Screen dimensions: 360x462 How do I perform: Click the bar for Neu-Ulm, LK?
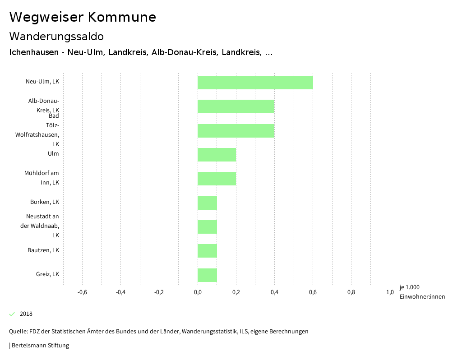pos(255,83)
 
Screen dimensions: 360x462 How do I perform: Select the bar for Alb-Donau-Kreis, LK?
pos(236,106)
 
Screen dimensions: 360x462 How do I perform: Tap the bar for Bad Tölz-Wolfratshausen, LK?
pos(236,130)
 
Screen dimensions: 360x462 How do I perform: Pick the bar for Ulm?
pos(217,155)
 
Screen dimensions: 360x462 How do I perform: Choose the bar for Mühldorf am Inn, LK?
pos(217,179)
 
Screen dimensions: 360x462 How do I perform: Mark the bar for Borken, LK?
pos(207,203)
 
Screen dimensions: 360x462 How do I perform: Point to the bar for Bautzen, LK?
pos(207,251)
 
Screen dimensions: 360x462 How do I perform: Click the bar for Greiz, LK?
pos(207,275)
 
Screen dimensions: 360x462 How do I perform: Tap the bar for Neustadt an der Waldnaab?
pos(207,227)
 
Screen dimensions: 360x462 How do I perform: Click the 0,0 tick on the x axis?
pos(198,292)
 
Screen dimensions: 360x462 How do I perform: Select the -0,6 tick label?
pos(82,292)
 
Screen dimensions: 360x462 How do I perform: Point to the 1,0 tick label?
pos(390,292)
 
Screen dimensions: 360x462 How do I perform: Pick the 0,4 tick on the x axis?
pos(274,292)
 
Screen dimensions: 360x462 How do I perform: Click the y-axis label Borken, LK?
pos(45,202)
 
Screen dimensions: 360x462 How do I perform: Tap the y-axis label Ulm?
pos(53,154)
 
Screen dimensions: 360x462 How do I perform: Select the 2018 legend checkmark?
pos(12,314)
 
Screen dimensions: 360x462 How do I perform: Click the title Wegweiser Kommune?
pos(83,17)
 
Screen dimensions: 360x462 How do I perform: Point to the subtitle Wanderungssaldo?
pos(56,36)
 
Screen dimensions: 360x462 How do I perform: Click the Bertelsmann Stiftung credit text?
pos(39,346)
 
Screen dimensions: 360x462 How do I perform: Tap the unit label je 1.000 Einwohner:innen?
pos(422,292)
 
